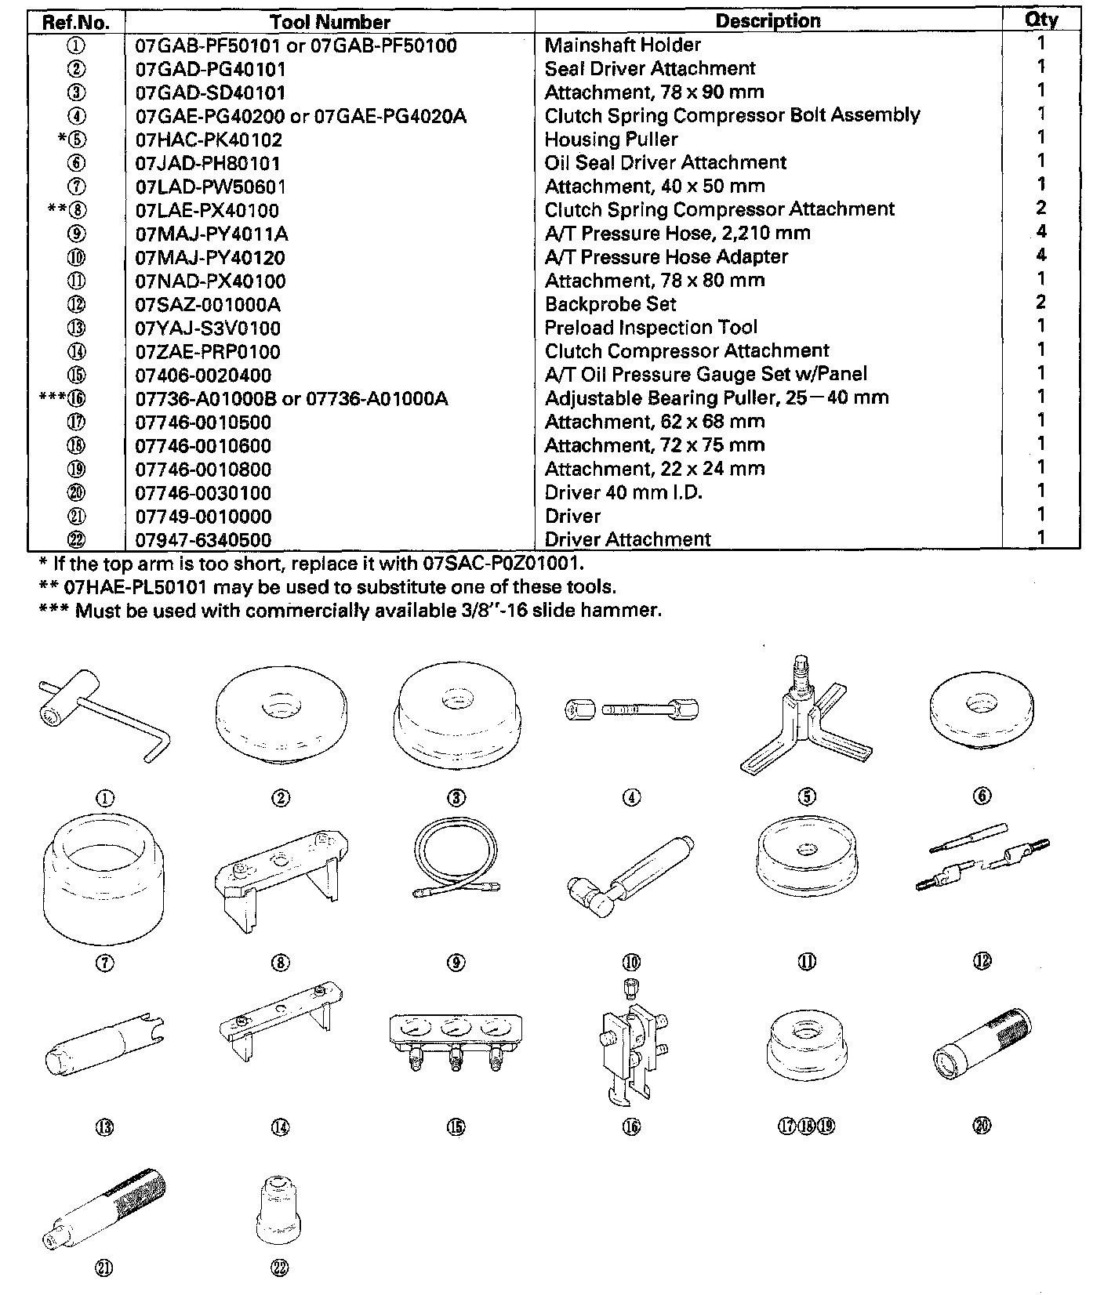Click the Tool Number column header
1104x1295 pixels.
coord(329,21)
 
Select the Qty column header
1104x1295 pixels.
coord(1040,20)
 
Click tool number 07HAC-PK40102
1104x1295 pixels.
coord(209,140)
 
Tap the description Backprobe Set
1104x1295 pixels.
coord(610,304)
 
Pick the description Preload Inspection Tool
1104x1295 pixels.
coord(651,328)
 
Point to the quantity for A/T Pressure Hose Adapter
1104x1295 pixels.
coord(1040,256)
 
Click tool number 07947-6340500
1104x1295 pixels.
coord(203,540)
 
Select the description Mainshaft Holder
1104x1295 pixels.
coord(623,45)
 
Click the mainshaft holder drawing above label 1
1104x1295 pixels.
coord(102,713)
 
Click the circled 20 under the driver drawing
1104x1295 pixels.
coord(982,1126)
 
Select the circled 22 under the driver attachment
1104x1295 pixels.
coord(280,1268)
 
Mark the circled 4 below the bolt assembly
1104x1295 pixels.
coord(631,798)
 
